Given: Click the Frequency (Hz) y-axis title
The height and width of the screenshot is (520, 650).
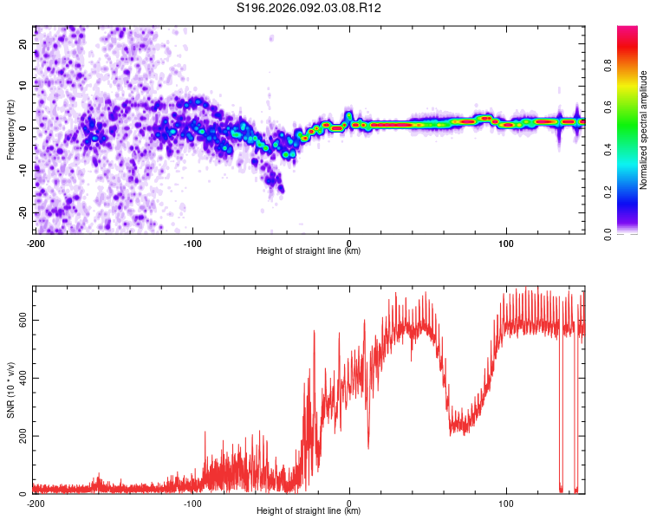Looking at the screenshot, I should click(x=10, y=130).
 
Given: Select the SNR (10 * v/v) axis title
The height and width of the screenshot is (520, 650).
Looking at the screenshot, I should click(x=10, y=391).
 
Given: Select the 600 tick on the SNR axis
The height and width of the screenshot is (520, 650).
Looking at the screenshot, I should click(x=22, y=320).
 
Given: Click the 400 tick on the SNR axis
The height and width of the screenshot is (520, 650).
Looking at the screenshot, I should click(x=22, y=378).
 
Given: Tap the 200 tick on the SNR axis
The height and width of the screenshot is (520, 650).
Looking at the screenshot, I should click(x=22, y=436).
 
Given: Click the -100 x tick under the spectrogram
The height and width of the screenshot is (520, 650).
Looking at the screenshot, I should click(x=192, y=242).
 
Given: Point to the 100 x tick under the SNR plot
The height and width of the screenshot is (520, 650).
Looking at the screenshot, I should click(x=506, y=502).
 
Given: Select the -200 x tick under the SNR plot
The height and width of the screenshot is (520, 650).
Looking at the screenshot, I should click(x=36, y=502).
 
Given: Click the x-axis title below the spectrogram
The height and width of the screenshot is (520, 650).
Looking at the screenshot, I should click(x=309, y=251).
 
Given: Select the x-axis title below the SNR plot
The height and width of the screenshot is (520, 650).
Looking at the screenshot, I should click(x=309, y=511).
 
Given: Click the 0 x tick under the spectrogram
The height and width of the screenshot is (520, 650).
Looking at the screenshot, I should click(x=349, y=242).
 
